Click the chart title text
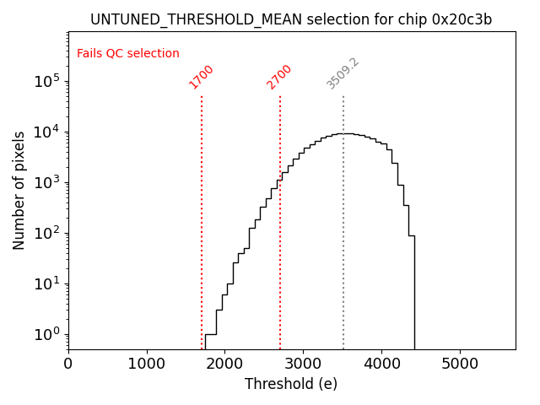(x=291, y=19)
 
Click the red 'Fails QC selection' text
(x=128, y=54)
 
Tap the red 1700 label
(x=202, y=77)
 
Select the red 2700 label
(x=279, y=77)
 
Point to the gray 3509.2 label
(x=343, y=74)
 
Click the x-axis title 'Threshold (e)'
(x=291, y=384)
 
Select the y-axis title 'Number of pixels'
(x=19, y=190)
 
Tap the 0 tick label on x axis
(x=68, y=364)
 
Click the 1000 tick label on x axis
(x=147, y=364)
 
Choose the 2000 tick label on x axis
(x=225, y=364)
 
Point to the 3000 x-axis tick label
(x=303, y=364)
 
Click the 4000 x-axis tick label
(x=381, y=364)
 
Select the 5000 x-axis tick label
(x=460, y=364)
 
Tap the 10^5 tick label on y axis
(x=47, y=82)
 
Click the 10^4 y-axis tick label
(x=47, y=132)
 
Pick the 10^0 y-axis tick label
(x=47, y=334)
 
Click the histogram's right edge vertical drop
(x=414, y=295)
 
